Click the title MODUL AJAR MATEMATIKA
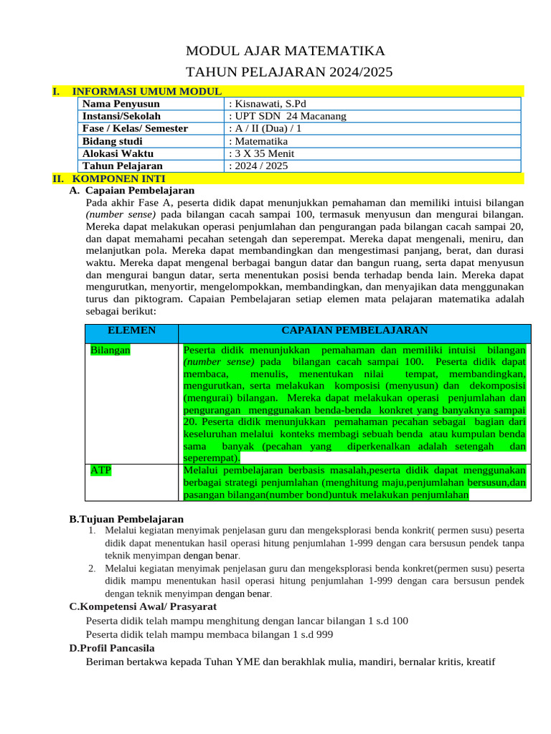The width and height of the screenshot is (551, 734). point(285,51)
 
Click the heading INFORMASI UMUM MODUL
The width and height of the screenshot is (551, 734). point(147,92)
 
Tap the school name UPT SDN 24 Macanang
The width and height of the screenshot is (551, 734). point(287,116)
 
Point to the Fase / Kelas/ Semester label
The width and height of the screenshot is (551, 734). point(135,128)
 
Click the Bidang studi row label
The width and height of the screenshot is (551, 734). point(112,141)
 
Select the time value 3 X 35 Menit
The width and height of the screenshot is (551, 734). point(261,153)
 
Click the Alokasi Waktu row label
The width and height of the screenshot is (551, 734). point(118,153)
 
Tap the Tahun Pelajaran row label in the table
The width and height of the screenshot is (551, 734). point(123,166)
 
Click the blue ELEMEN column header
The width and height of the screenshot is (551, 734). point(131,330)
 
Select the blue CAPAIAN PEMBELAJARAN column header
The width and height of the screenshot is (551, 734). point(354,330)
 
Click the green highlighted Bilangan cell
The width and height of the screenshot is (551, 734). point(110,351)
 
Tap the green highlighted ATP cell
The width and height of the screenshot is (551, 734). point(100,470)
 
